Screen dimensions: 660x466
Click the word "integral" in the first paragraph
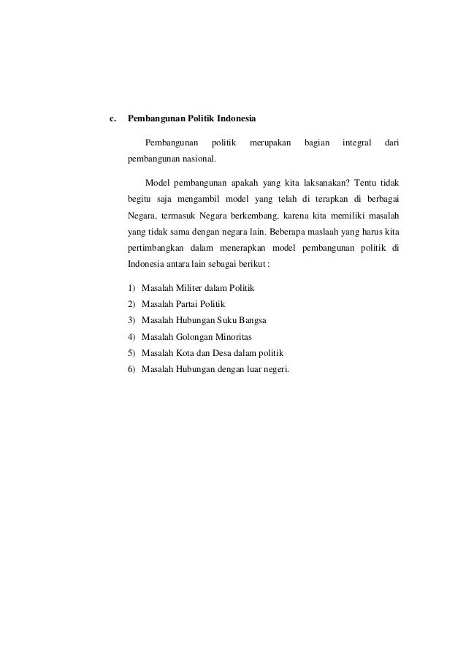pos(357,141)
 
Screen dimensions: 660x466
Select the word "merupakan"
pos(270,141)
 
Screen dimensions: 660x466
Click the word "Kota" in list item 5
pos(188,353)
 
